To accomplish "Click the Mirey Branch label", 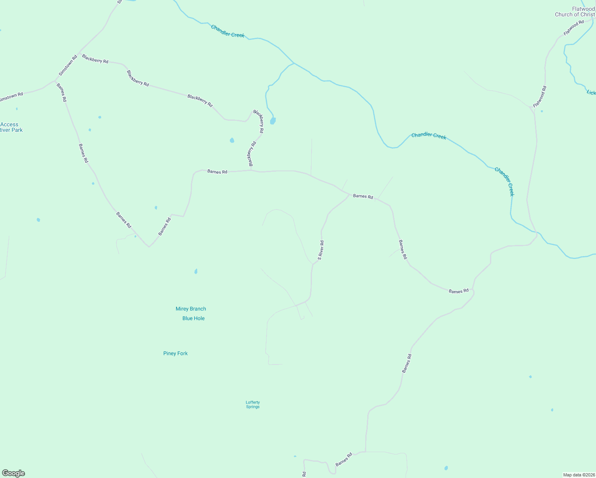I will [x=191, y=309].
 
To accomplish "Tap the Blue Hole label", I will [x=193, y=318].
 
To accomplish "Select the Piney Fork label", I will [x=175, y=353].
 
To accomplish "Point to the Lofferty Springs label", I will [x=253, y=404].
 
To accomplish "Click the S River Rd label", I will [x=321, y=250].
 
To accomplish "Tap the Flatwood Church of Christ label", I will [x=575, y=12].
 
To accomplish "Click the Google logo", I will [x=14, y=473].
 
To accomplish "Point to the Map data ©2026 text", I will [x=578, y=475].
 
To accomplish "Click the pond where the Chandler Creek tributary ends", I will [x=273, y=121].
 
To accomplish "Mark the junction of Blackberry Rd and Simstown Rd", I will [x=80, y=53].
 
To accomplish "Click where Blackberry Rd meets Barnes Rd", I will [x=251, y=170].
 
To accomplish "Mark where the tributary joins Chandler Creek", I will [x=294, y=63].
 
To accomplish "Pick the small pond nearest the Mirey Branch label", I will [x=196, y=271].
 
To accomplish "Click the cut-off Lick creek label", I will [x=591, y=92].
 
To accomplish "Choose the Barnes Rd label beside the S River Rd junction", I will [x=363, y=196].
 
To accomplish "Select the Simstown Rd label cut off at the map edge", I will [x=11, y=97].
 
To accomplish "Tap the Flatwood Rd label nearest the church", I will [x=574, y=27].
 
